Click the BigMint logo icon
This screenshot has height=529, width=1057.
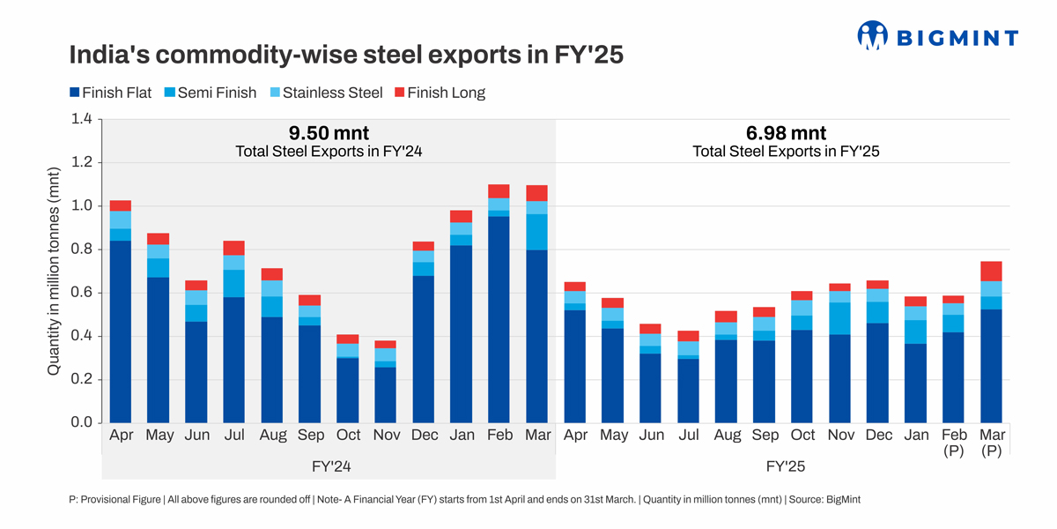[872, 35]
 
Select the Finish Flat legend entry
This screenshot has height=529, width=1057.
[110, 93]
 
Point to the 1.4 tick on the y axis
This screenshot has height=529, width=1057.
[82, 119]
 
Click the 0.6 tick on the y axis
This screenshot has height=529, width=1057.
[82, 293]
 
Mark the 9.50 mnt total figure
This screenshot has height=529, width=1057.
[329, 133]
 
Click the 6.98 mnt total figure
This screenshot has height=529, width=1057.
[786, 133]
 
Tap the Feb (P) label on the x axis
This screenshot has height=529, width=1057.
[954, 443]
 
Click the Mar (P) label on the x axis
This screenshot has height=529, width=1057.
[992, 443]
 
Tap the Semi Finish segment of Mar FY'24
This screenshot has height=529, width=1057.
[536, 232]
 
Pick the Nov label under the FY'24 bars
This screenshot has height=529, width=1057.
[385, 436]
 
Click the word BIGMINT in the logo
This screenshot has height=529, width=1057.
[957, 37]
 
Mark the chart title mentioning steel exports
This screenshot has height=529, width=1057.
[346, 55]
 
